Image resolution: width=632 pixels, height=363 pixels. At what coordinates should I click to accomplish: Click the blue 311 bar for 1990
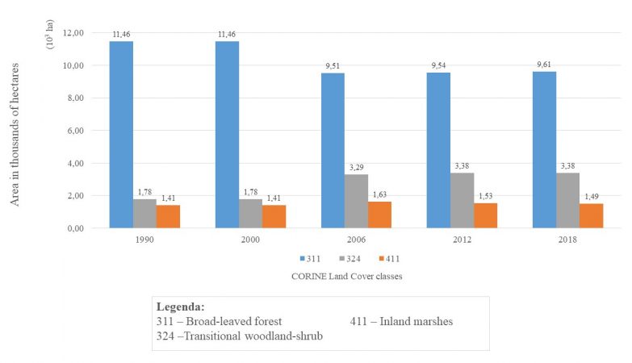[121, 135]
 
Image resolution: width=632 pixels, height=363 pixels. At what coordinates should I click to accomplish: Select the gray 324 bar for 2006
[357, 202]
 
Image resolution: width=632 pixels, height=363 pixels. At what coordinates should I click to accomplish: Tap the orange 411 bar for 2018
[591, 216]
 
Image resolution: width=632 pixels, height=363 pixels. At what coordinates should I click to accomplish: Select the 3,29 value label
[357, 167]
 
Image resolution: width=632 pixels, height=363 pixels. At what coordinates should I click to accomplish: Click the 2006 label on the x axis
[357, 240]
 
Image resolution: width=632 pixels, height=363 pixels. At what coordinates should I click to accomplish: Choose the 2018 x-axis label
[567, 240]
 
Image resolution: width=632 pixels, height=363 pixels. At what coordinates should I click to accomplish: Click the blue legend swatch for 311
[299, 259]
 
